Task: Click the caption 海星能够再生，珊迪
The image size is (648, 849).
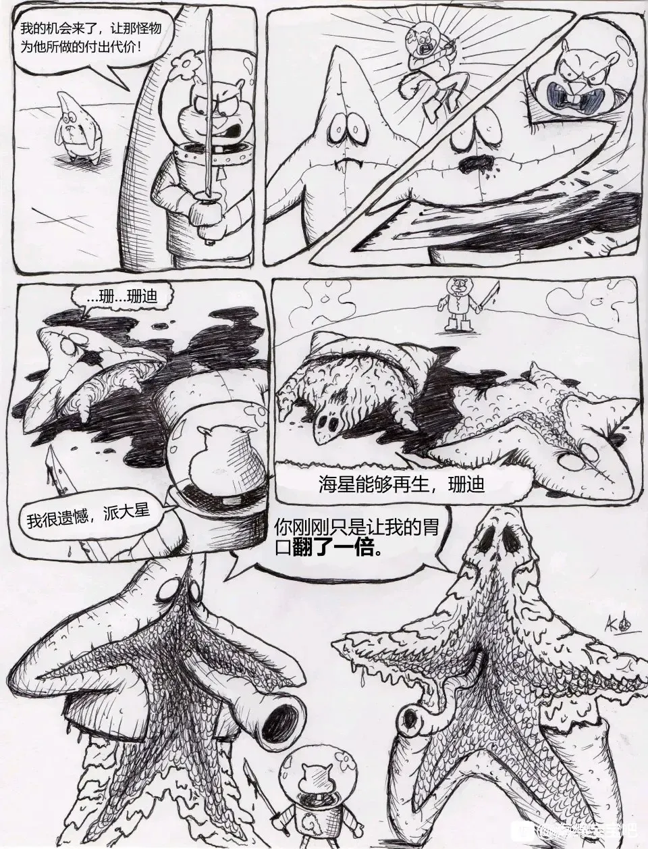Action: [x=401, y=484]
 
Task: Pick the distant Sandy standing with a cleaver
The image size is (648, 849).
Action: [x=459, y=303]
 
